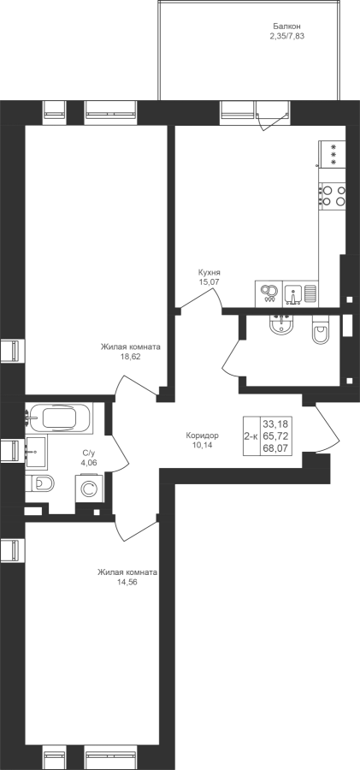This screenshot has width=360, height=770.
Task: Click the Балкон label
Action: tap(286, 27)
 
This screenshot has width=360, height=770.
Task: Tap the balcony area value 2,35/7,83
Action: tap(287, 36)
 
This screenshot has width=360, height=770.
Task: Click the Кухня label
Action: tap(210, 273)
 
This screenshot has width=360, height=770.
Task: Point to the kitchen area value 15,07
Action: tap(210, 281)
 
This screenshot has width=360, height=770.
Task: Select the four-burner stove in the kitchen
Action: tap(332, 195)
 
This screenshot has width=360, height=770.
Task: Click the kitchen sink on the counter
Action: tap(293, 293)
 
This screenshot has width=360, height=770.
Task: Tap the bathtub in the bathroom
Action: tap(58, 418)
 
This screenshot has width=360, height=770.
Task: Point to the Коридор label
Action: tap(203, 435)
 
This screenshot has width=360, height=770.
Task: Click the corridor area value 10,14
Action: tap(203, 445)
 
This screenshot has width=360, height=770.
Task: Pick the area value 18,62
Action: tap(131, 357)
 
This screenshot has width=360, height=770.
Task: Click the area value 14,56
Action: tap(127, 582)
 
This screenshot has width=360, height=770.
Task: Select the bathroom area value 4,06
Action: tap(88, 463)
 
